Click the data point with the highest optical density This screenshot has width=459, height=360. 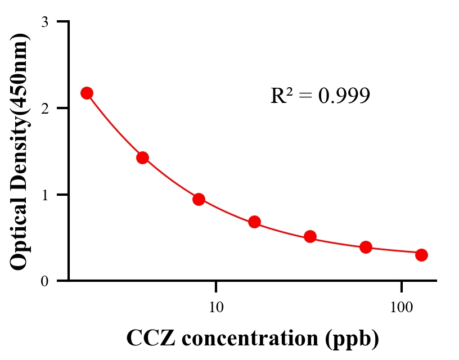[x=87, y=93]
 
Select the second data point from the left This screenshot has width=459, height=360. [x=142, y=157]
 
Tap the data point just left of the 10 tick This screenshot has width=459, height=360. [x=199, y=199]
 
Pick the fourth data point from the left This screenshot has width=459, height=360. [x=254, y=222]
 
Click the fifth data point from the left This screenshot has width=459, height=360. [x=310, y=236]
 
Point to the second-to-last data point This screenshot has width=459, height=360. [x=366, y=247]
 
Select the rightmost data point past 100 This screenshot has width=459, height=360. [x=421, y=255]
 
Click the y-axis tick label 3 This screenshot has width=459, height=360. [x=44, y=22]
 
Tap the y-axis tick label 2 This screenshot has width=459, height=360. [x=44, y=108]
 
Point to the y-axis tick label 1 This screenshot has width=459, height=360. [x=44, y=195]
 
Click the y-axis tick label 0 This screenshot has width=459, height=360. [x=44, y=281]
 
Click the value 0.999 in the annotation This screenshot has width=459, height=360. [x=344, y=96]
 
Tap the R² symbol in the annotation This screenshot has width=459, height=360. [x=282, y=96]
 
